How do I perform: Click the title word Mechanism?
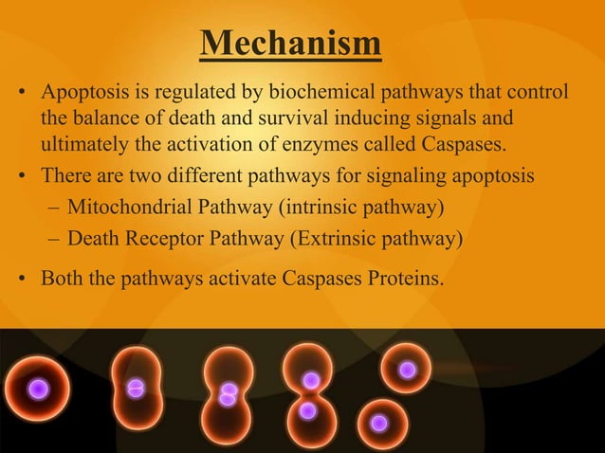291,45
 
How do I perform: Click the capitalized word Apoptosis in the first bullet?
82,95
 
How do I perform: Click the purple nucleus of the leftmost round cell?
38,389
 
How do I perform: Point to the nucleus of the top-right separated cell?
407,370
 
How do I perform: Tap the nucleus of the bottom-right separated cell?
379,423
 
